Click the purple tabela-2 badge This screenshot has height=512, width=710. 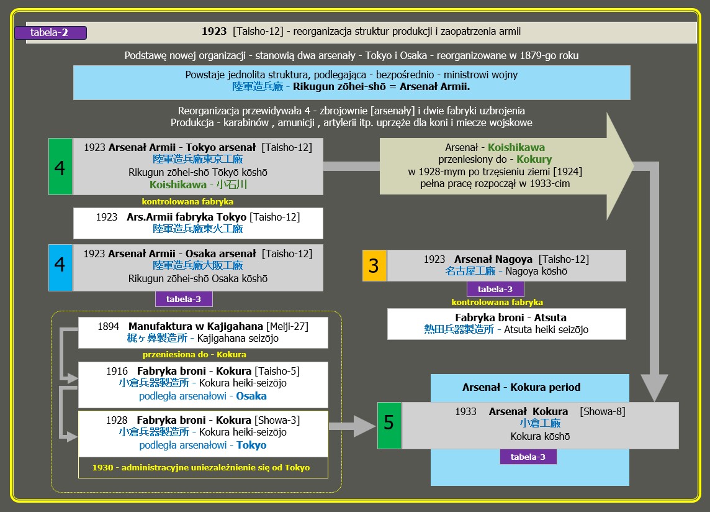(x=58, y=32)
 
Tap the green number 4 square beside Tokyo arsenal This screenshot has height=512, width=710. (x=60, y=167)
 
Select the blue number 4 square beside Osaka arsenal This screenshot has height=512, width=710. (x=60, y=267)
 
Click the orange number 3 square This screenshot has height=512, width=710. (x=374, y=266)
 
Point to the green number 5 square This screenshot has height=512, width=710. (x=389, y=425)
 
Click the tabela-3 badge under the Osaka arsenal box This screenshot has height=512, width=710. (x=183, y=299)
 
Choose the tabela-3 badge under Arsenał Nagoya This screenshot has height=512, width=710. (x=495, y=289)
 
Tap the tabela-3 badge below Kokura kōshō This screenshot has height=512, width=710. (x=528, y=457)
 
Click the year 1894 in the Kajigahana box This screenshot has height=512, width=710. (x=109, y=326)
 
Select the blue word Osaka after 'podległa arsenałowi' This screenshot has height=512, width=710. (x=251, y=396)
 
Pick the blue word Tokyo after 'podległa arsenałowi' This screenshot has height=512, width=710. (x=251, y=445)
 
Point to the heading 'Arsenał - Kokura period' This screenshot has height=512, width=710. (x=521, y=387)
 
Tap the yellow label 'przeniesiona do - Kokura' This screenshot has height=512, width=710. (x=194, y=354)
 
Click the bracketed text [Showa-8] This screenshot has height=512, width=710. (x=602, y=411)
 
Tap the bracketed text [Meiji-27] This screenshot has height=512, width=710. (x=287, y=326)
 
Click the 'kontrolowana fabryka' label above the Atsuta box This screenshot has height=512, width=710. (x=497, y=303)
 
